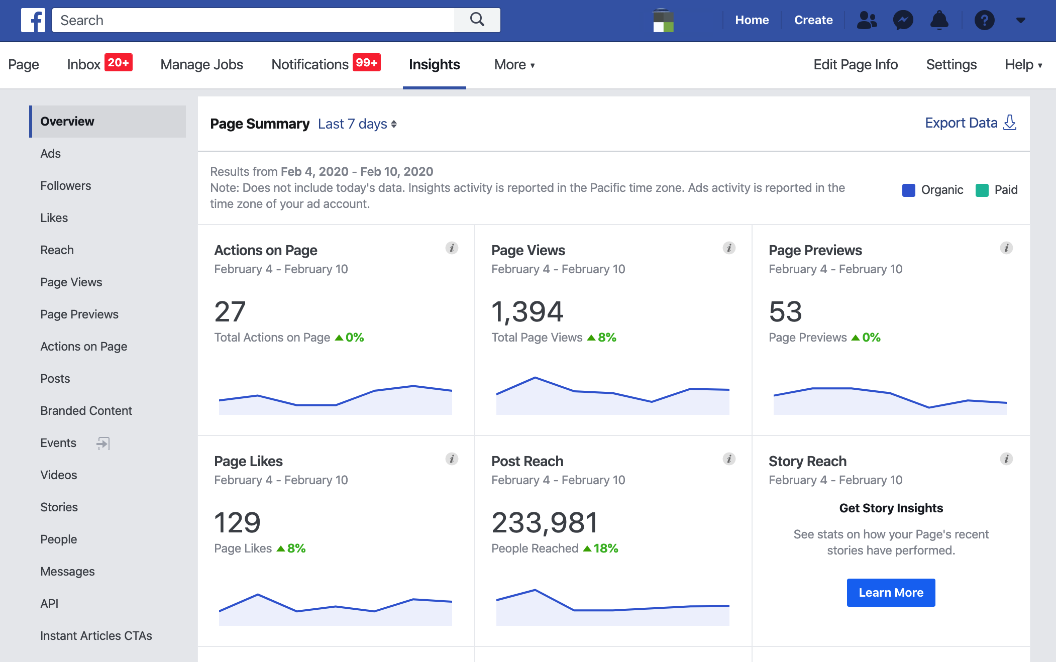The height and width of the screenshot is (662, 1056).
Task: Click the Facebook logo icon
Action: click(33, 20)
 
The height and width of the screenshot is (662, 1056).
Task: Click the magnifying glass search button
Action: click(477, 20)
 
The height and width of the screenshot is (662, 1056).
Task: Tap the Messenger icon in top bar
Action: click(903, 20)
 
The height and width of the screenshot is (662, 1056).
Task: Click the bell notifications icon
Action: click(939, 20)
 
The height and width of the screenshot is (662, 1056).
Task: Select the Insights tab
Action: click(434, 65)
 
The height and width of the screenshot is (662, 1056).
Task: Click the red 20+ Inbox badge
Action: click(118, 63)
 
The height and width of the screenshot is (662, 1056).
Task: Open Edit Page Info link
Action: click(855, 65)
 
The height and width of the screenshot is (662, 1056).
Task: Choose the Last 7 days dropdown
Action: click(357, 124)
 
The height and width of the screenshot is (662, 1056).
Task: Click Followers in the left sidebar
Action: click(66, 186)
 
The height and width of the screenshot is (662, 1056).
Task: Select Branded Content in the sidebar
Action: click(86, 411)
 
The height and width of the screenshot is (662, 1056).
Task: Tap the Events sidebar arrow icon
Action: click(103, 443)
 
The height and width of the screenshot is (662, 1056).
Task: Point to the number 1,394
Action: click(527, 312)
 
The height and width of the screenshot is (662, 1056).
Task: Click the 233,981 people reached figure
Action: click(545, 523)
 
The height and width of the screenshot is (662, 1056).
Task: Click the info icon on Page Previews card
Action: click(1006, 248)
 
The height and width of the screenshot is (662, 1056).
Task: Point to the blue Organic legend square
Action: click(908, 190)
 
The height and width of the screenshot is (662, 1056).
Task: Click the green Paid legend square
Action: click(982, 190)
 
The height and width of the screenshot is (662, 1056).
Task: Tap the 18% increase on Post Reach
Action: click(601, 548)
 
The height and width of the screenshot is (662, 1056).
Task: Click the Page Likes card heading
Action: click(248, 461)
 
